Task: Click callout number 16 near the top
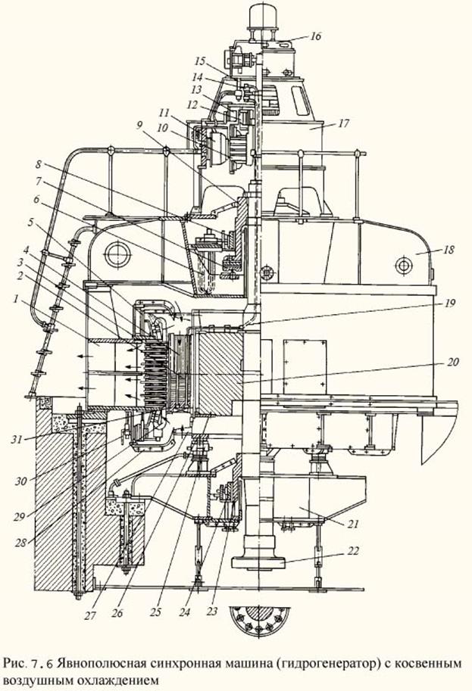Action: click(315, 36)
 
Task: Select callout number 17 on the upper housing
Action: click(343, 123)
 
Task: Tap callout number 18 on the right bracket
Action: click(449, 250)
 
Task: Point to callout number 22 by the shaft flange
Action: click(353, 551)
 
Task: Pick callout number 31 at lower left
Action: click(17, 440)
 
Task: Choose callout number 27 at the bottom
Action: click(90, 615)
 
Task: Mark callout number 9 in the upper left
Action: click(139, 125)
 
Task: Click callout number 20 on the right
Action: click(453, 362)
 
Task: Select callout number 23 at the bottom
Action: click(213, 612)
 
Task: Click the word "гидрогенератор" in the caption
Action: click(327, 663)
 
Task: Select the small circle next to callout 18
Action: click(403, 266)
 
